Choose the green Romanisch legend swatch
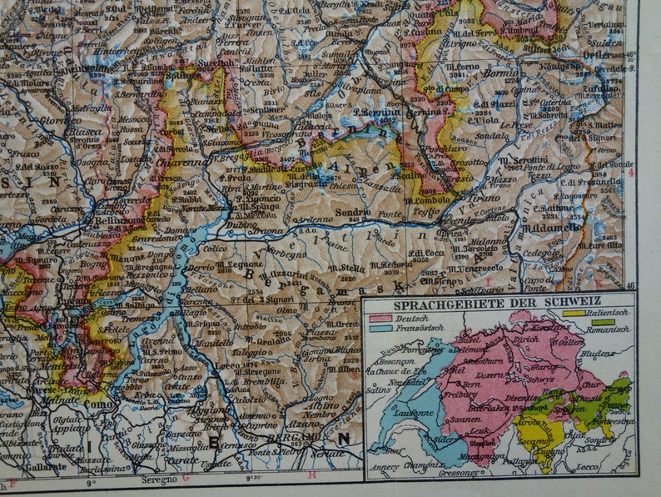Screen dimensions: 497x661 tap(603, 322)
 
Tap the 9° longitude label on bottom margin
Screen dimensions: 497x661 tap(92, 480)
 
